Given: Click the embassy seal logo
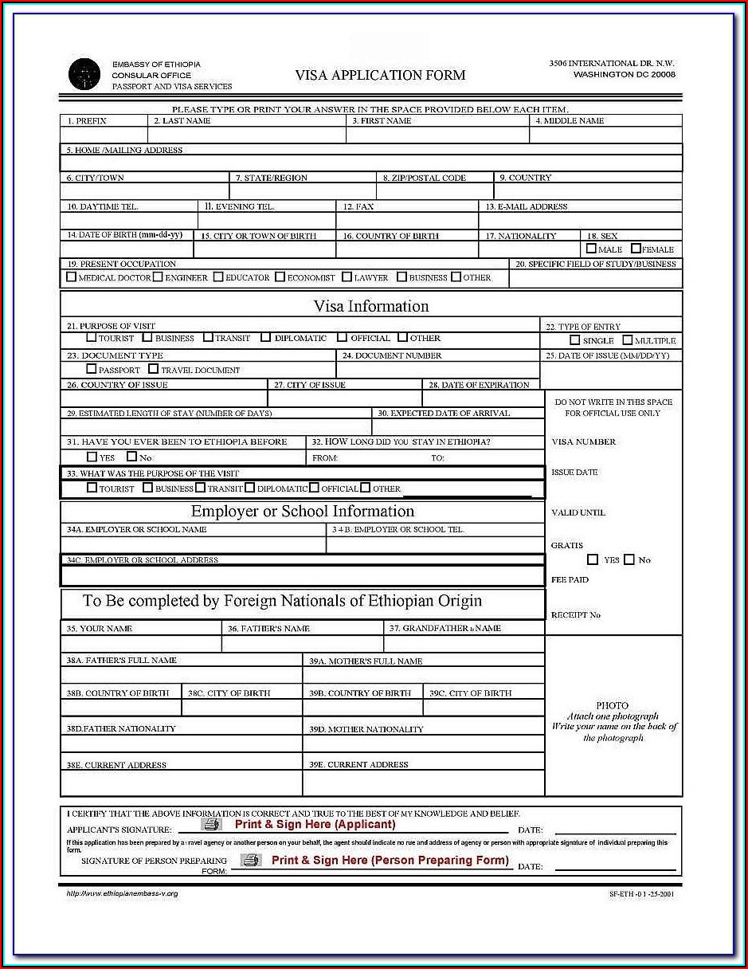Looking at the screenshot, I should coord(84,74).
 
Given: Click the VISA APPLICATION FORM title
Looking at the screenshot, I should coord(380,76).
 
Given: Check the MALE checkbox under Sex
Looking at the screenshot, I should coord(591,249).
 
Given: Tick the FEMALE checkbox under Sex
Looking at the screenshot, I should coord(636,249).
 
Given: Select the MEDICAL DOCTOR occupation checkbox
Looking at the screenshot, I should coord(72,277).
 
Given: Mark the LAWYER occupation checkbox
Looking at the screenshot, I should coord(347,277).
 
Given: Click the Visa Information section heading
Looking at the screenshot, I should coord(370,306).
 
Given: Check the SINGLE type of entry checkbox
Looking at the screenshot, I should coord(575,340).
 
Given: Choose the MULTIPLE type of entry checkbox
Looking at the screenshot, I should coord(627,340).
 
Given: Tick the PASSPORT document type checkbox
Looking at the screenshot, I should coord(92,369).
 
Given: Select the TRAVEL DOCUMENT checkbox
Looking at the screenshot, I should coord(154,369).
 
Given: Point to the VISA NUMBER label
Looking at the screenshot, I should coord(583,441).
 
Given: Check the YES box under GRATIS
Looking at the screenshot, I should coord(593,559).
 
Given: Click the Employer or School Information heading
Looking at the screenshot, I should coord(303,512).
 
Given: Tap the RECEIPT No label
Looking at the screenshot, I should coord(575,615).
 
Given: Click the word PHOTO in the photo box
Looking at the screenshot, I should coord(612,705).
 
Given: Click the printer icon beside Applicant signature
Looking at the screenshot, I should coord(211,825).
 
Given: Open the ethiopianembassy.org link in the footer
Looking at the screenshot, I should coord(122,893).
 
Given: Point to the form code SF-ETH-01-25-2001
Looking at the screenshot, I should coord(641,894).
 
